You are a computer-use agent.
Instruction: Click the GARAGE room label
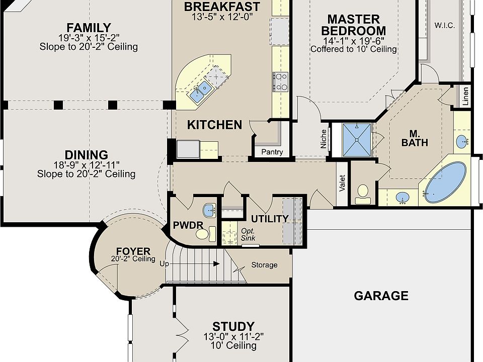[x=381, y=296]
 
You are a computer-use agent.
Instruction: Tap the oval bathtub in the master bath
[x=446, y=182]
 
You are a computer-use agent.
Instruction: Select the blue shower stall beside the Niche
[x=357, y=140]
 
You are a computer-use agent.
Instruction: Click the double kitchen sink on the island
[x=200, y=92]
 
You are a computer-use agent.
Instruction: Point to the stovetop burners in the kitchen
[x=280, y=81]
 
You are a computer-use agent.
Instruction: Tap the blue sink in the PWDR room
[x=210, y=211]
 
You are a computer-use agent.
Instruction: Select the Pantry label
[x=272, y=152]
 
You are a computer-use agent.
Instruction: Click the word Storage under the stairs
[x=264, y=265]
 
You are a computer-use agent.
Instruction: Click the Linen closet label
[x=465, y=96]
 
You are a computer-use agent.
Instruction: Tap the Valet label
[x=342, y=183]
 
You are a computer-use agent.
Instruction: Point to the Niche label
[x=323, y=139]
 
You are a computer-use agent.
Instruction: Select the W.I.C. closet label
[x=444, y=26]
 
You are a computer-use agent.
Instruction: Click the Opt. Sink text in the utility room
[x=248, y=234]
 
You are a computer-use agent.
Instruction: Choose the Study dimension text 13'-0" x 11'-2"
[x=233, y=336]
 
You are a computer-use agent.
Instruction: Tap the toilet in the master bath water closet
[x=363, y=194]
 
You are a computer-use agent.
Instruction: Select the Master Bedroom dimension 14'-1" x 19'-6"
[x=353, y=41]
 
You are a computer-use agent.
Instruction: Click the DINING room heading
[x=86, y=155]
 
